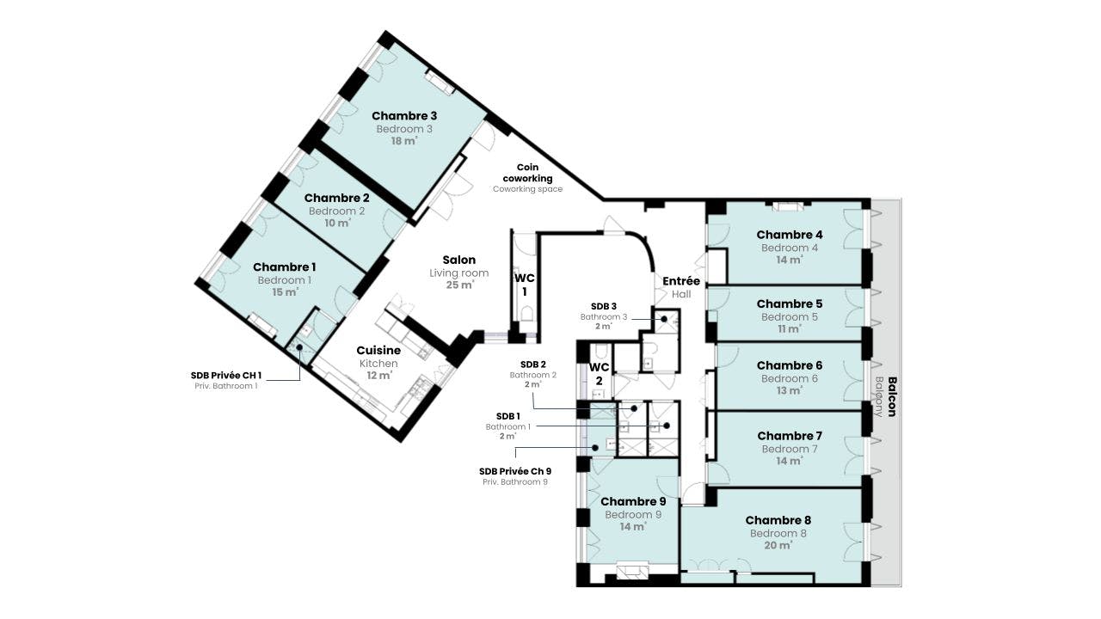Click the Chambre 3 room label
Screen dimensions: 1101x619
click(x=404, y=116)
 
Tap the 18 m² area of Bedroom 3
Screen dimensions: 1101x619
click(x=404, y=141)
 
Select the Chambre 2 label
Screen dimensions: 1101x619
click(x=336, y=198)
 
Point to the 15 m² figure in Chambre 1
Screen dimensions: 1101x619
click(x=285, y=292)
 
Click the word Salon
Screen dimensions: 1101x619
click(x=459, y=260)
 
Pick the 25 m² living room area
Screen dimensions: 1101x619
click(x=459, y=285)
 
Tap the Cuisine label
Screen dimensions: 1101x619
click(x=378, y=350)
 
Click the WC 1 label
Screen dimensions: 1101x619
click(x=525, y=285)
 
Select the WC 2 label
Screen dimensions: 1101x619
click(x=600, y=374)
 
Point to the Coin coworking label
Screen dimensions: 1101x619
click(x=527, y=173)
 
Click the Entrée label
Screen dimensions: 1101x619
click(x=681, y=281)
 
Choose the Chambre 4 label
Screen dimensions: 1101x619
click(x=790, y=235)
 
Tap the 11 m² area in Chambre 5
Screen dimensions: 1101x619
click(x=790, y=328)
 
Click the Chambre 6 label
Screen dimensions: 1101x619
click(x=790, y=365)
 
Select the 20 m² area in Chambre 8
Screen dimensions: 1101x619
click(x=778, y=545)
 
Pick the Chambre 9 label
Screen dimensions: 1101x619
click(x=633, y=501)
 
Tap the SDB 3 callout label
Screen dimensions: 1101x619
click(x=604, y=307)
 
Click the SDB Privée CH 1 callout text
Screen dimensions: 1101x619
click(x=226, y=376)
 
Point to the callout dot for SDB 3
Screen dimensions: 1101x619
click(x=664, y=319)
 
